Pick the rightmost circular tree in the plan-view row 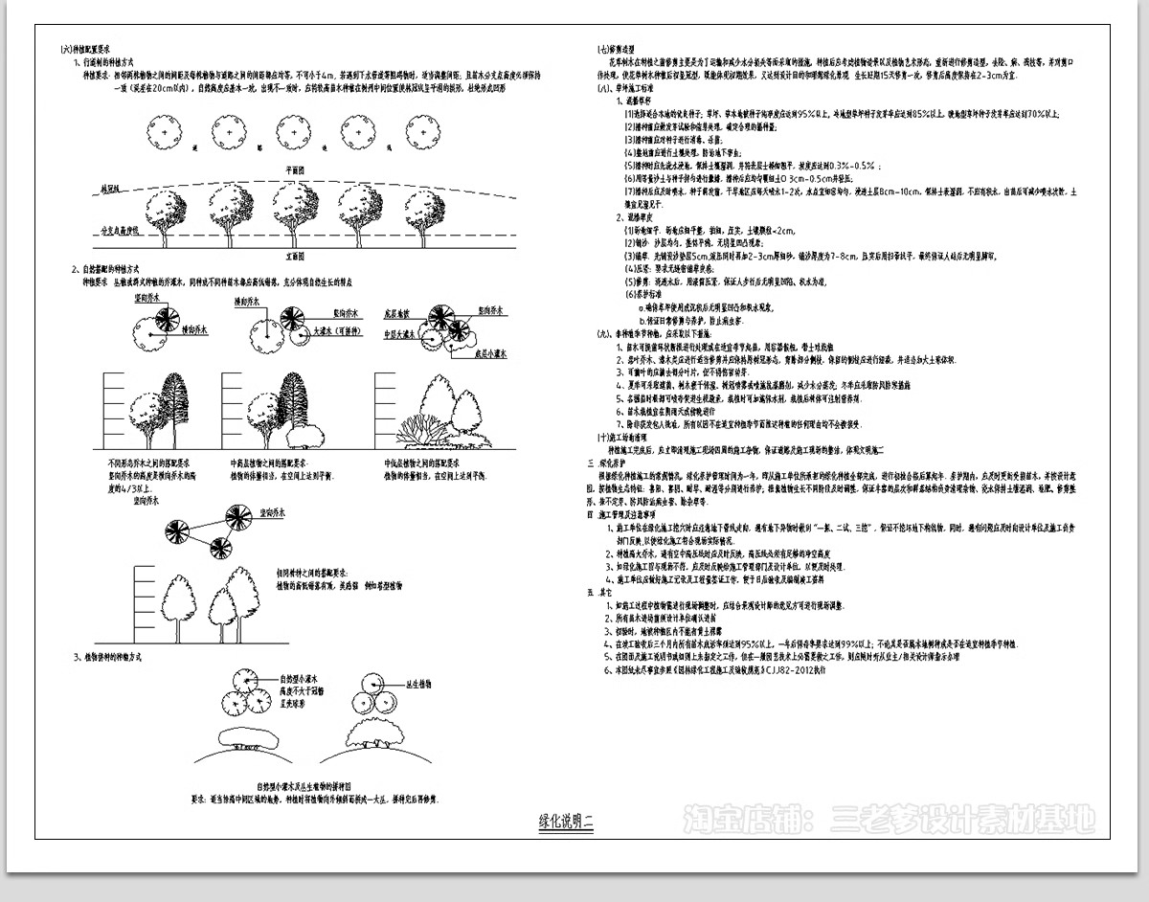tap(420, 129)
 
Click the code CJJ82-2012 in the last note tap(788, 671)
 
